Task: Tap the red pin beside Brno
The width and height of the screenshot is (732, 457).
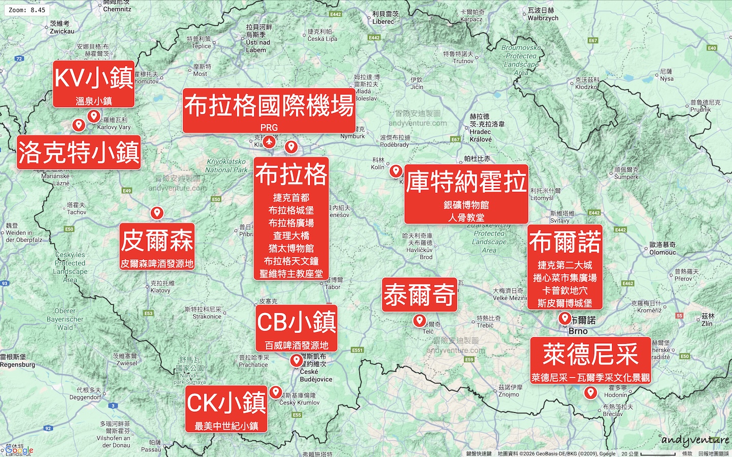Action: (565, 318)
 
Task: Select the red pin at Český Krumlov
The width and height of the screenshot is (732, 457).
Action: (276, 392)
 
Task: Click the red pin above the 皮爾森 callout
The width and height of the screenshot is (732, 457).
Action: (157, 213)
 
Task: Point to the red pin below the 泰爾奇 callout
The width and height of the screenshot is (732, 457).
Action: (419, 320)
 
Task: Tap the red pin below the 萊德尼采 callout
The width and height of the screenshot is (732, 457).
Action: (590, 393)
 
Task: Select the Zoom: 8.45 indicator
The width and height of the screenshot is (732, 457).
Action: (27, 10)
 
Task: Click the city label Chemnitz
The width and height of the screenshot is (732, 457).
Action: (117, 9)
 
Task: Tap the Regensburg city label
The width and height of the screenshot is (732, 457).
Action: (18, 365)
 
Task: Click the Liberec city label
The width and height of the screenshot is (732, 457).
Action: (383, 21)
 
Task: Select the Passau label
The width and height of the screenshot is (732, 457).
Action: (151, 449)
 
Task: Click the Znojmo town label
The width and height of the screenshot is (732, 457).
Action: (509, 394)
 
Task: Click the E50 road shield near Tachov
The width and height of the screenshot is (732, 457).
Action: (69, 229)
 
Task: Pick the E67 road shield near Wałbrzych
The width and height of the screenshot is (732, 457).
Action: (593, 40)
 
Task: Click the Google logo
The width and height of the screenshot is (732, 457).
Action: (19, 450)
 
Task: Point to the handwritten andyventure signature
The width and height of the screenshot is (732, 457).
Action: (695, 440)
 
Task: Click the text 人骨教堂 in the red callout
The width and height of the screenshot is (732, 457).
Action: (466, 217)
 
